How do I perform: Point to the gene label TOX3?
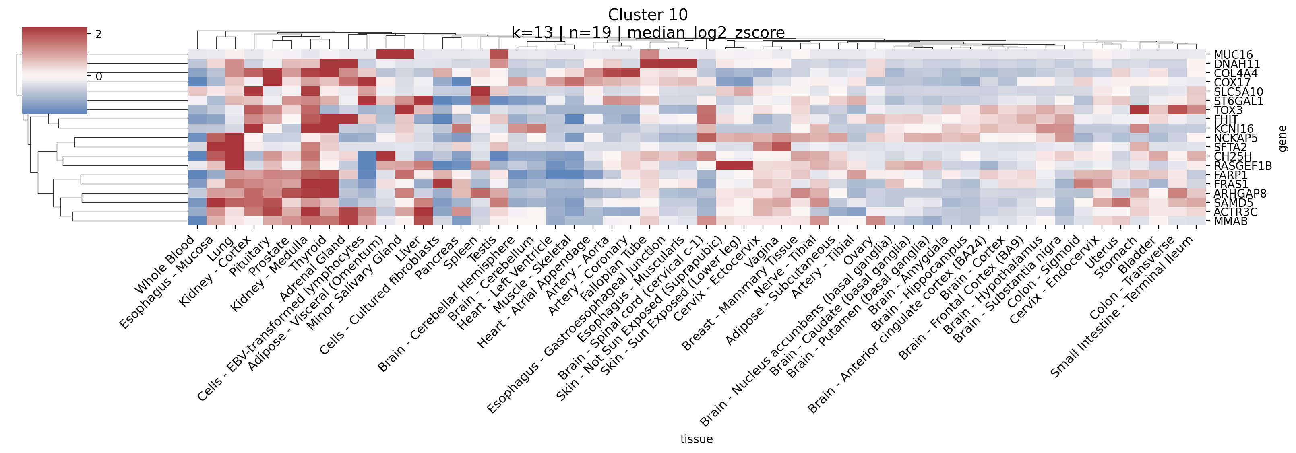pos(1228,111)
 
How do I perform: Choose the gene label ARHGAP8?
pos(1239,194)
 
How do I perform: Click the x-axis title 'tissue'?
pos(696,439)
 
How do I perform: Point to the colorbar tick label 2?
pos(98,34)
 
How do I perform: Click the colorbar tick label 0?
pos(99,76)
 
